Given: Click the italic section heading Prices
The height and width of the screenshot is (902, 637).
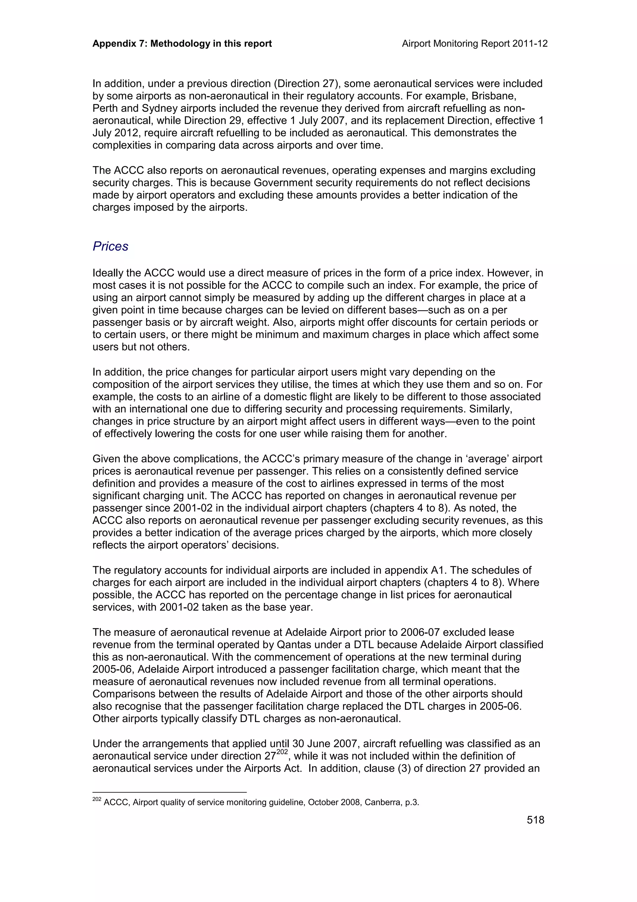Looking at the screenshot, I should tap(110, 246).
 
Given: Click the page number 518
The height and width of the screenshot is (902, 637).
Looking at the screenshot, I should tap(535, 820).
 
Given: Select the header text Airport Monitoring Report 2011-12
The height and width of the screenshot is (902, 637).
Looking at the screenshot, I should tap(475, 44).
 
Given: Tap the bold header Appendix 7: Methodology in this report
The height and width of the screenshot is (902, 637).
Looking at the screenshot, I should tap(182, 44).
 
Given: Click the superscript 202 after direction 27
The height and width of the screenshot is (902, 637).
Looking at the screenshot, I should tap(282, 752).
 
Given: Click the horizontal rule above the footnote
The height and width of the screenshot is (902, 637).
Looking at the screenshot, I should tap(169, 792).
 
